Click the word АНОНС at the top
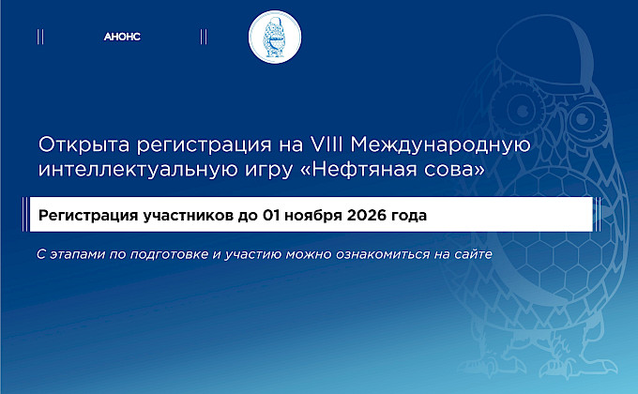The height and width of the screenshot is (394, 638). coord(122,37)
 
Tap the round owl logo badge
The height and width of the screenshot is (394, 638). coord(275,37)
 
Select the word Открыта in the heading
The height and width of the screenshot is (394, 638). coord(84,145)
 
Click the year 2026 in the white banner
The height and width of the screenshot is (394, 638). coord(366,215)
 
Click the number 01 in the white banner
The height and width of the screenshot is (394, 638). coord(271,215)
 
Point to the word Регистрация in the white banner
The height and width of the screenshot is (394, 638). coord(88,216)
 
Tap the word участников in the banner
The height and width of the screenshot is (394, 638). coord(188,216)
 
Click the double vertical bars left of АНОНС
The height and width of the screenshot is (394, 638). coord(40,37)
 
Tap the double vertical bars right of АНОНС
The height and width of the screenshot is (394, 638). coord(204,37)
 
